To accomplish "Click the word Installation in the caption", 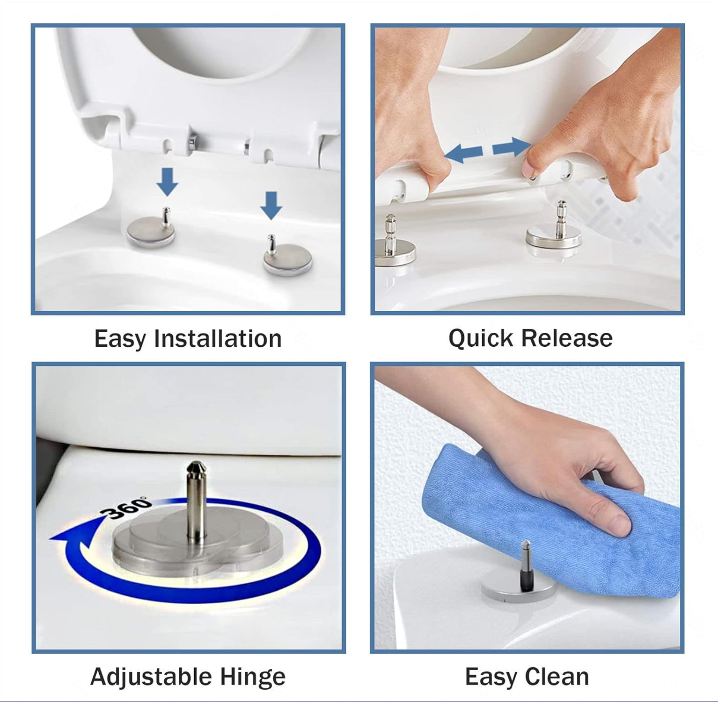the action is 218,339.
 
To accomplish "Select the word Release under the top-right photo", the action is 567,338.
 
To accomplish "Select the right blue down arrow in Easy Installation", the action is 271,206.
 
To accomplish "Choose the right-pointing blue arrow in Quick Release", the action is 511,147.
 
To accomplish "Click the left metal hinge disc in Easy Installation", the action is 150,232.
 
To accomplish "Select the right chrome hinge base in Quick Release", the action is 554,237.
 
